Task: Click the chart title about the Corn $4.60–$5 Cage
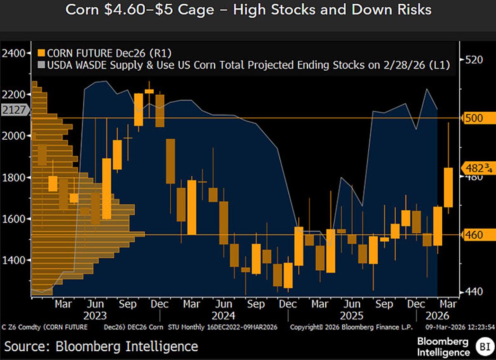pyautogui.click(x=248, y=10)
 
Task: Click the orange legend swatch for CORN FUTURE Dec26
pyautogui.click(x=41, y=53)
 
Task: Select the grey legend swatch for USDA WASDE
pyautogui.click(x=41, y=65)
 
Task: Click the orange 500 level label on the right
pyautogui.click(x=474, y=118)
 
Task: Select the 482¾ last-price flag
pyautogui.click(x=477, y=168)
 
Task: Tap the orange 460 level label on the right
pyautogui.click(x=474, y=235)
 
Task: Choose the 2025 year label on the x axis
pyautogui.click(x=351, y=316)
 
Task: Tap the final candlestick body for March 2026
pyautogui.click(x=448, y=187)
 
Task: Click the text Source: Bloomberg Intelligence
pyautogui.click(x=101, y=346)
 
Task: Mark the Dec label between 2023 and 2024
pyautogui.click(x=160, y=305)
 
